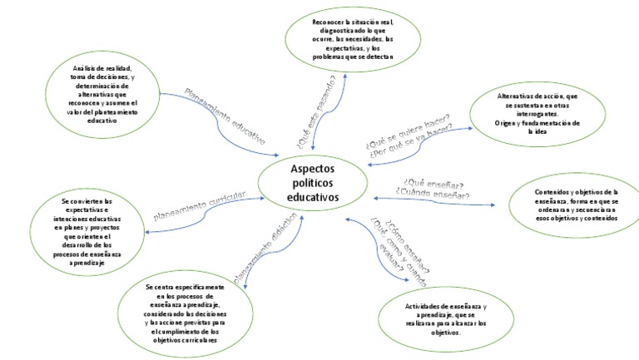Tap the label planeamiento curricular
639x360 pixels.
[200, 208]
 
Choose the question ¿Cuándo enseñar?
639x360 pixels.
[433, 195]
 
